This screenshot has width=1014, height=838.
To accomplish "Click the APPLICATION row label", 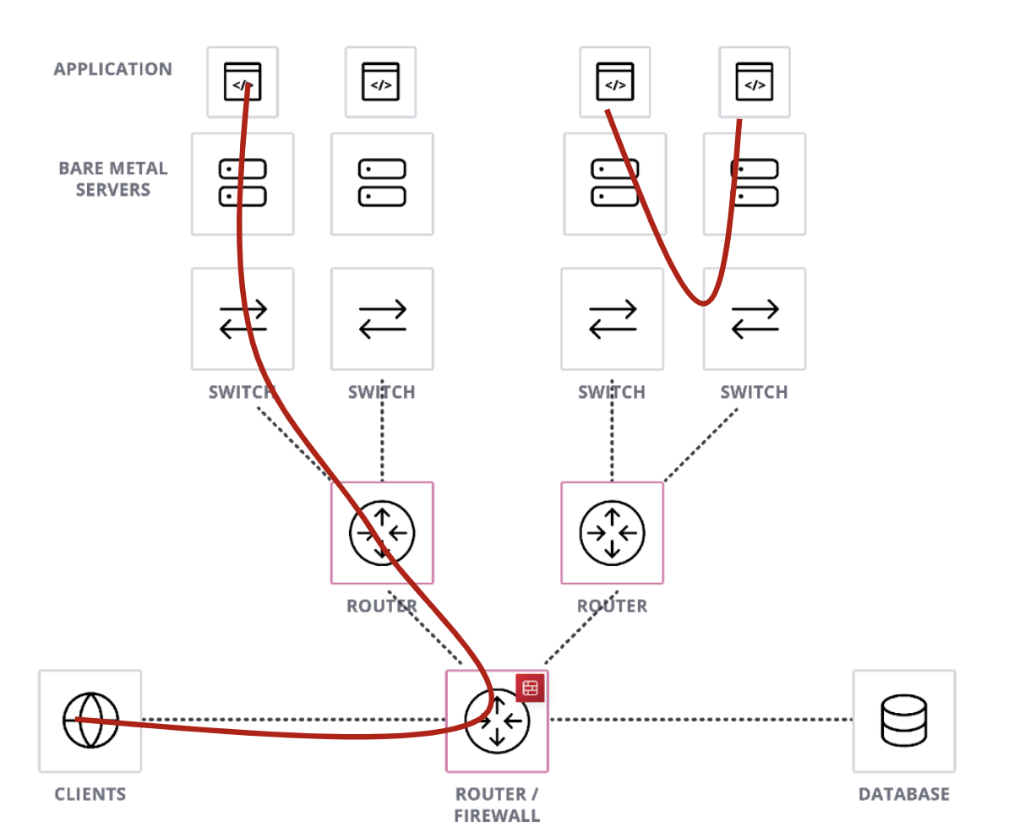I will [112, 69].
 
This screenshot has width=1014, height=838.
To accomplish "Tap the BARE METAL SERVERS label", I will [112, 179].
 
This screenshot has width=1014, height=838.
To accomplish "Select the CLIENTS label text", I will [90, 794].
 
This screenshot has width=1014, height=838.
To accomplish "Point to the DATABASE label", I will [903, 794].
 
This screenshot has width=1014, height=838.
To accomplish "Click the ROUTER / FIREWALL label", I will [497, 805].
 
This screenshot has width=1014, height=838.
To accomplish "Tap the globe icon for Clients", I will [90, 721].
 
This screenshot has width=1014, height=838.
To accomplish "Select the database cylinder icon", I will [903, 721].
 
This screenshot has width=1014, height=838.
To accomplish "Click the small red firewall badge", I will [530, 688].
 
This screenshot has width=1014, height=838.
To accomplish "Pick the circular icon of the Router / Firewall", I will [497, 721].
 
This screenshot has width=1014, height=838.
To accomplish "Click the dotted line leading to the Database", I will [701, 720].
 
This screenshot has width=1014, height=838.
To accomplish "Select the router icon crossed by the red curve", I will [382, 533].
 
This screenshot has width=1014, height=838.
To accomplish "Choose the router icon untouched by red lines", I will [612, 533].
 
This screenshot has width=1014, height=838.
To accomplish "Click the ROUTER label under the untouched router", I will [612, 606].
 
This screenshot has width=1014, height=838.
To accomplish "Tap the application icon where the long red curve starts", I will [243, 82].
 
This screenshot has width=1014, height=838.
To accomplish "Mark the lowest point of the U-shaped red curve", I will [703, 303].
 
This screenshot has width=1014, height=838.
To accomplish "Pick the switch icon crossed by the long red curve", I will [243, 319].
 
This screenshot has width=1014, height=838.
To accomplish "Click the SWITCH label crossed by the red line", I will [242, 392].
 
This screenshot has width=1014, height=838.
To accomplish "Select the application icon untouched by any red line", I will [381, 82].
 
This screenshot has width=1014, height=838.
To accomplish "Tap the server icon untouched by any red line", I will [382, 183].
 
